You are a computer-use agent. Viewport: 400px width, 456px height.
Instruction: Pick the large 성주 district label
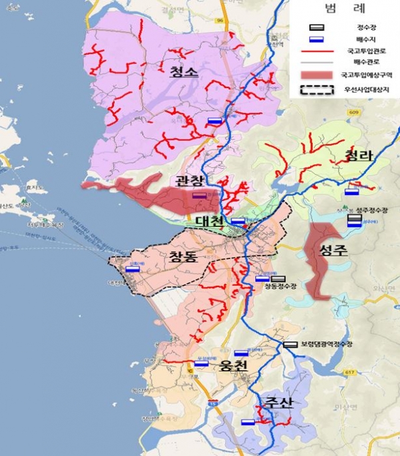point(335,250)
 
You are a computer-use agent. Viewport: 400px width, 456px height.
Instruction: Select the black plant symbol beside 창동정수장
point(277,278)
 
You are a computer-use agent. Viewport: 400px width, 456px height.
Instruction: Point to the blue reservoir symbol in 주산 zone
point(247,421)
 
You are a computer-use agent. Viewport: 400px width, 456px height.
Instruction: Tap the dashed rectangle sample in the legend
point(316,87)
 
